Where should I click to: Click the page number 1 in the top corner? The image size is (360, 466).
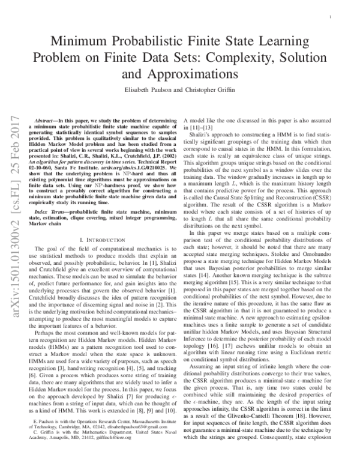[x=332, y=19]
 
